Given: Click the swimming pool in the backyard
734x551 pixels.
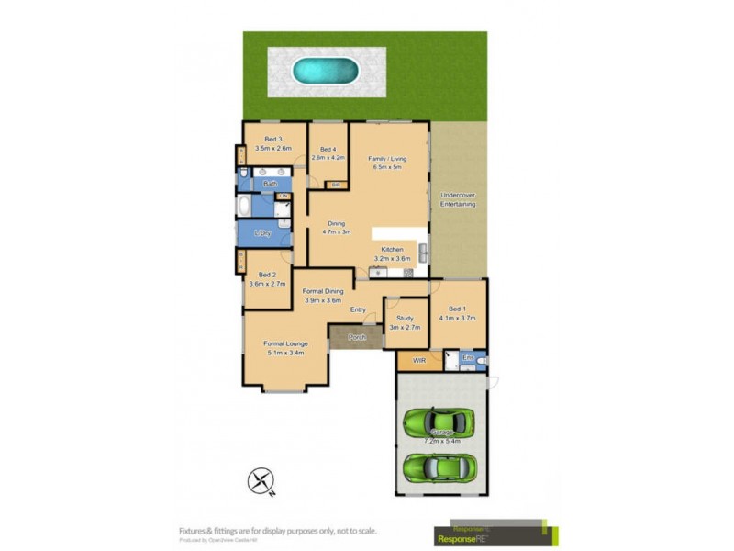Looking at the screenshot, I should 325,71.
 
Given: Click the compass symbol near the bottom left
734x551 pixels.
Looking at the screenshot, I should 261,479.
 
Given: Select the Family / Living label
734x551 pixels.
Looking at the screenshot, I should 387,163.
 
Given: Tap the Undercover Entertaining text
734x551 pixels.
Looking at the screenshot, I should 458,199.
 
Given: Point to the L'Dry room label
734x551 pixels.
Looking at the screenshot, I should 263,233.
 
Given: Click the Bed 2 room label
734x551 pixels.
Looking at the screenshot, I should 267,279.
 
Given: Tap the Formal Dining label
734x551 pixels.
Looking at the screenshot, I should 322,296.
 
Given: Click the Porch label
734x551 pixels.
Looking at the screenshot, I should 357,337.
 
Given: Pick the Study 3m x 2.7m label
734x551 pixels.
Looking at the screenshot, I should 405,322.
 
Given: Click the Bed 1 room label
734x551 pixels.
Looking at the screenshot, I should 458,313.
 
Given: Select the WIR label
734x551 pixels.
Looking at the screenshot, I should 419,361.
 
